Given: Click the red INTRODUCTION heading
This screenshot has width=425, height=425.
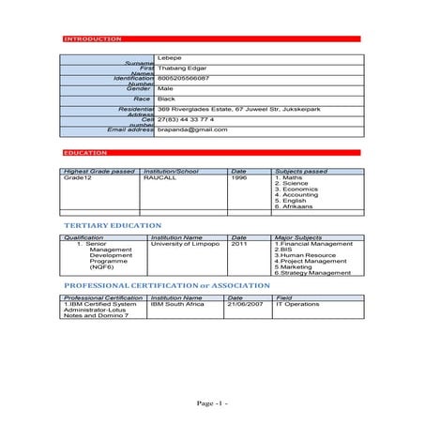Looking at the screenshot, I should click(x=91, y=38).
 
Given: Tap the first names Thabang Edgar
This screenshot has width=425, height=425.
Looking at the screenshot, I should click(x=187, y=68).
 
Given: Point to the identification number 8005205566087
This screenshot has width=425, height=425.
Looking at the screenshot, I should click(x=185, y=78).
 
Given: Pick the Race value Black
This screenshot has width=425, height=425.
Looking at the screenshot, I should click(x=168, y=99).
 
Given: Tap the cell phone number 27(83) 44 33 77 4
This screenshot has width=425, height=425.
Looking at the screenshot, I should click(x=187, y=119).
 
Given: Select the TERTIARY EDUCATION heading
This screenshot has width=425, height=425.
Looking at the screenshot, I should click(x=113, y=226).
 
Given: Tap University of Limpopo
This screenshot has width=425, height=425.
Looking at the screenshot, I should click(x=184, y=244).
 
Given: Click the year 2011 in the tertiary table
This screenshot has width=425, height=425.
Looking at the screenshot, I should click(x=238, y=244).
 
